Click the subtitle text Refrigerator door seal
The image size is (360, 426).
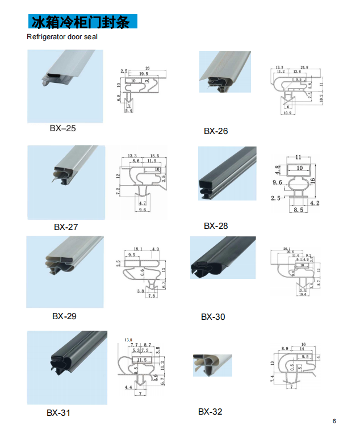tap(62, 37)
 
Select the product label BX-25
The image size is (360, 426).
tap(62, 128)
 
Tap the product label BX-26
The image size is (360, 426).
tap(216, 131)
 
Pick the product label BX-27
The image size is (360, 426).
tap(66, 227)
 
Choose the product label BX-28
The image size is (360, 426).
tap(216, 226)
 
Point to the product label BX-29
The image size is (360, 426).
tap(64, 316)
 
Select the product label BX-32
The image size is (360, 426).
tap(210, 411)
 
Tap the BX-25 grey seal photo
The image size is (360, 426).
tap(65, 86)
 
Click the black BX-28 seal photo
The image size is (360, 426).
tap(227, 173)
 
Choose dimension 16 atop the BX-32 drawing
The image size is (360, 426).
tap(304, 345)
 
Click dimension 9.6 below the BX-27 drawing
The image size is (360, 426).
tap(143, 210)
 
